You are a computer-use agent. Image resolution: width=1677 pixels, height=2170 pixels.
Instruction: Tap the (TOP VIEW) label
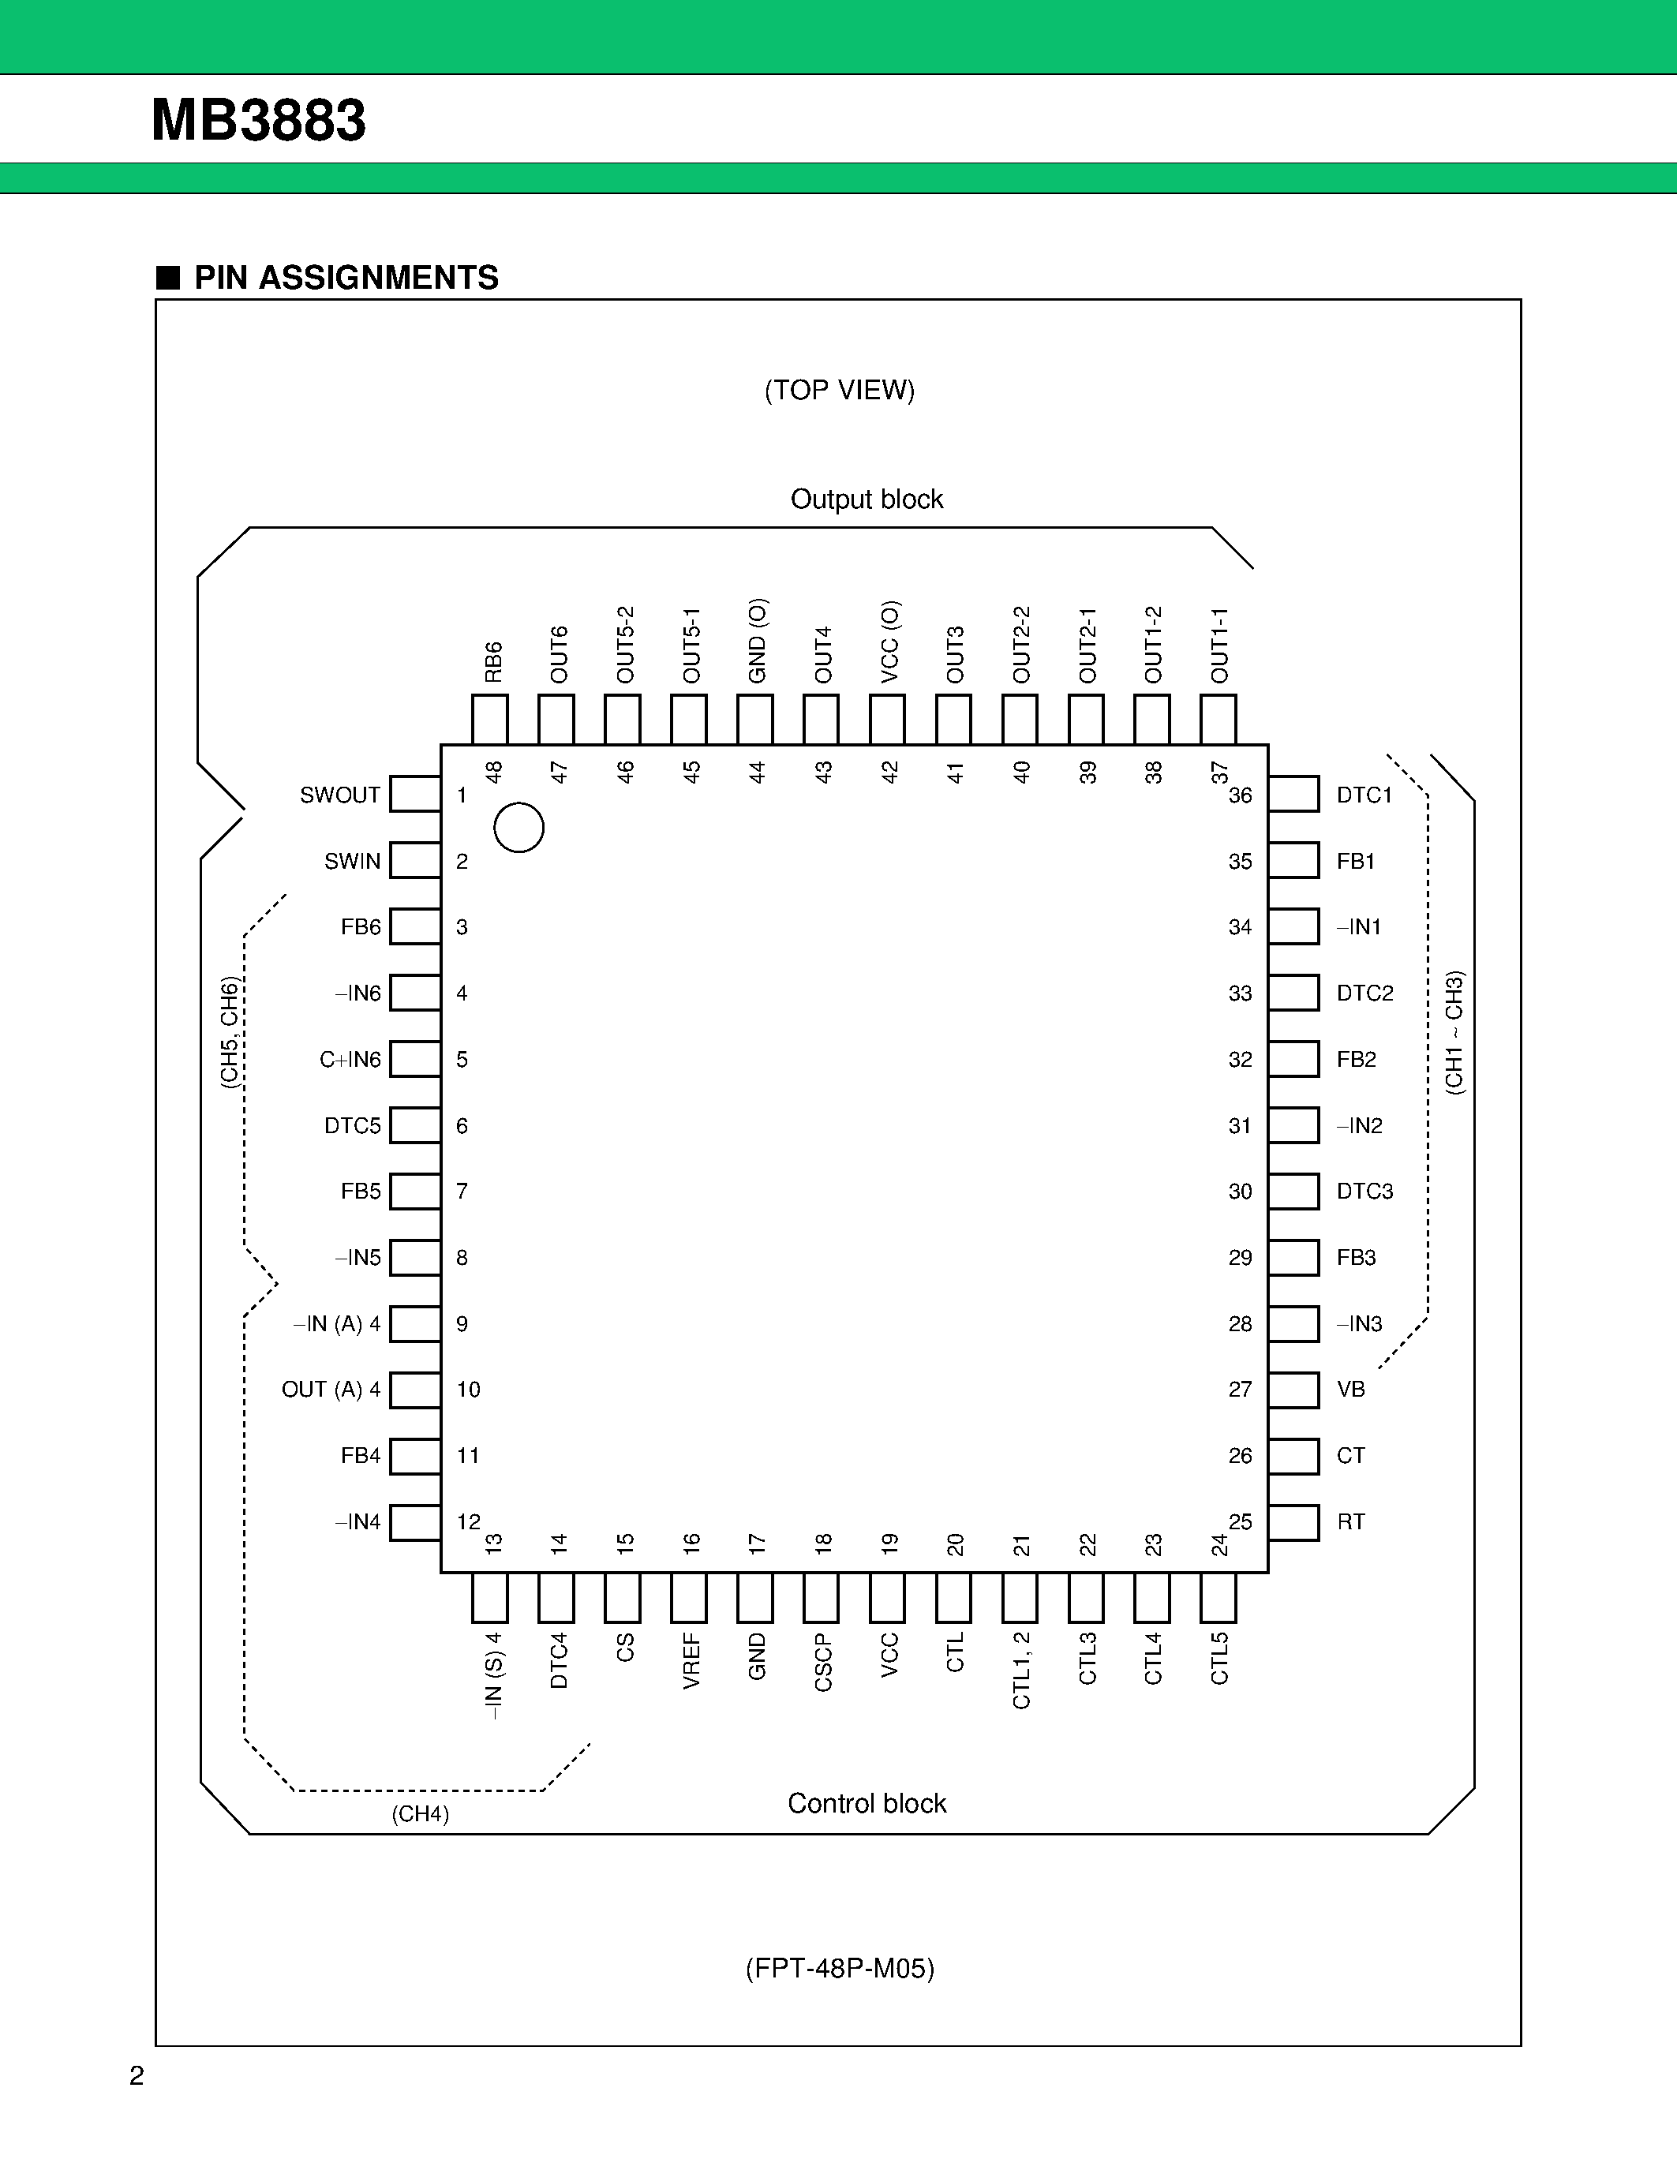click(x=840, y=391)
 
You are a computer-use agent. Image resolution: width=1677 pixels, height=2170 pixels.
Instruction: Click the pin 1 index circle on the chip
click(x=518, y=827)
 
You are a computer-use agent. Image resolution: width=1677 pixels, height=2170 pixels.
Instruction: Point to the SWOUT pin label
click(x=340, y=795)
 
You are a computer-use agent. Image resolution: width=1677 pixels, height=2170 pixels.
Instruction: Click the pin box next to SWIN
click(x=415, y=860)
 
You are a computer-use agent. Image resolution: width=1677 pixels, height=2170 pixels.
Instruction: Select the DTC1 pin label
click(x=1364, y=795)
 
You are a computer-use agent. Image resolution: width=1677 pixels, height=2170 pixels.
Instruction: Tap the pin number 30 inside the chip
click(x=1240, y=1192)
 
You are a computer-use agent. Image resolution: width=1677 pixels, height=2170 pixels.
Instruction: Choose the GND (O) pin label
click(x=757, y=641)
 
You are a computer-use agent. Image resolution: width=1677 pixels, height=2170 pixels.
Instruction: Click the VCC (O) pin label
click(x=890, y=642)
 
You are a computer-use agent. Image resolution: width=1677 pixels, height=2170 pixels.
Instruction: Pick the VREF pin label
click(x=691, y=1660)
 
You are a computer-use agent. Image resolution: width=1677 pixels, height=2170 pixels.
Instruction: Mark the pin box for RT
click(x=1293, y=1522)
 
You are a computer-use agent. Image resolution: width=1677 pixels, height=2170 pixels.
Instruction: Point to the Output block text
click(x=867, y=499)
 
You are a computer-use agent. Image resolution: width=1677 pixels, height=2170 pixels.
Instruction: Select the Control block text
click(x=867, y=1803)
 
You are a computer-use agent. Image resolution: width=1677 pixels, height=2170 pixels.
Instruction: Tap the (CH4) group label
click(x=421, y=1814)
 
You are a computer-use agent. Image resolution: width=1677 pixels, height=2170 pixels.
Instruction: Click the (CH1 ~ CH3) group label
click(x=1454, y=1034)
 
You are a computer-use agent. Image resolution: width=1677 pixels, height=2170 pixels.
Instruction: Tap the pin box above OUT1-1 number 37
click(x=1218, y=720)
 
